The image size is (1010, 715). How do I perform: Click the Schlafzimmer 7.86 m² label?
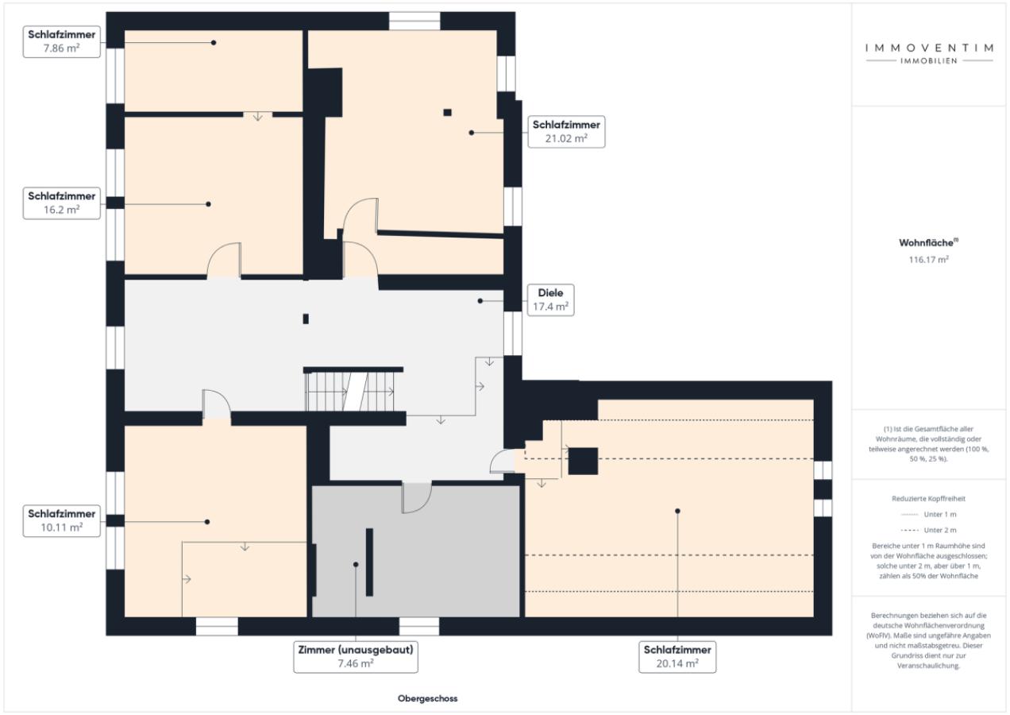tap(62, 41)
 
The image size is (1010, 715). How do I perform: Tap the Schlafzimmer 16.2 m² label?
tap(62, 203)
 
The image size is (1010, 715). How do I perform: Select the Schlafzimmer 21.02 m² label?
tap(566, 132)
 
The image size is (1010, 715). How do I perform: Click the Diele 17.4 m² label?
tap(550, 300)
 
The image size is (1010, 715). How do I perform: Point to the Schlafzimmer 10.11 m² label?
tap(62, 520)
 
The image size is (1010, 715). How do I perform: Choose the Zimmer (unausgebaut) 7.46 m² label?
tap(356, 657)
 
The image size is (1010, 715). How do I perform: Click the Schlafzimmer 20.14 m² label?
tap(677, 657)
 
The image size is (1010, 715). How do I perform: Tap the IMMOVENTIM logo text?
tap(929, 48)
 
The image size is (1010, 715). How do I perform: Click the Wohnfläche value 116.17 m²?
tap(929, 259)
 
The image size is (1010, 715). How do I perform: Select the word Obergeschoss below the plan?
tap(427, 699)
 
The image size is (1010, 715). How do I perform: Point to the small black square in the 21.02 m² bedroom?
tap(447, 112)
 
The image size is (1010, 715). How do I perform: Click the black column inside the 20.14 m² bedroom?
tap(583, 461)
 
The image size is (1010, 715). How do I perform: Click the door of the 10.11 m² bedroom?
tap(217, 404)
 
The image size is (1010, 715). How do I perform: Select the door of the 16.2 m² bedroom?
tap(224, 259)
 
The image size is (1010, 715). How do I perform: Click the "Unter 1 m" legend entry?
tap(928, 514)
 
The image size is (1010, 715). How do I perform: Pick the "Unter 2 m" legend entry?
tap(928, 530)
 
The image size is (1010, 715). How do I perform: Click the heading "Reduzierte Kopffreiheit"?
tap(928, 498)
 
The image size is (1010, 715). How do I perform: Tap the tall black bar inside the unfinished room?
tap(369, 562)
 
